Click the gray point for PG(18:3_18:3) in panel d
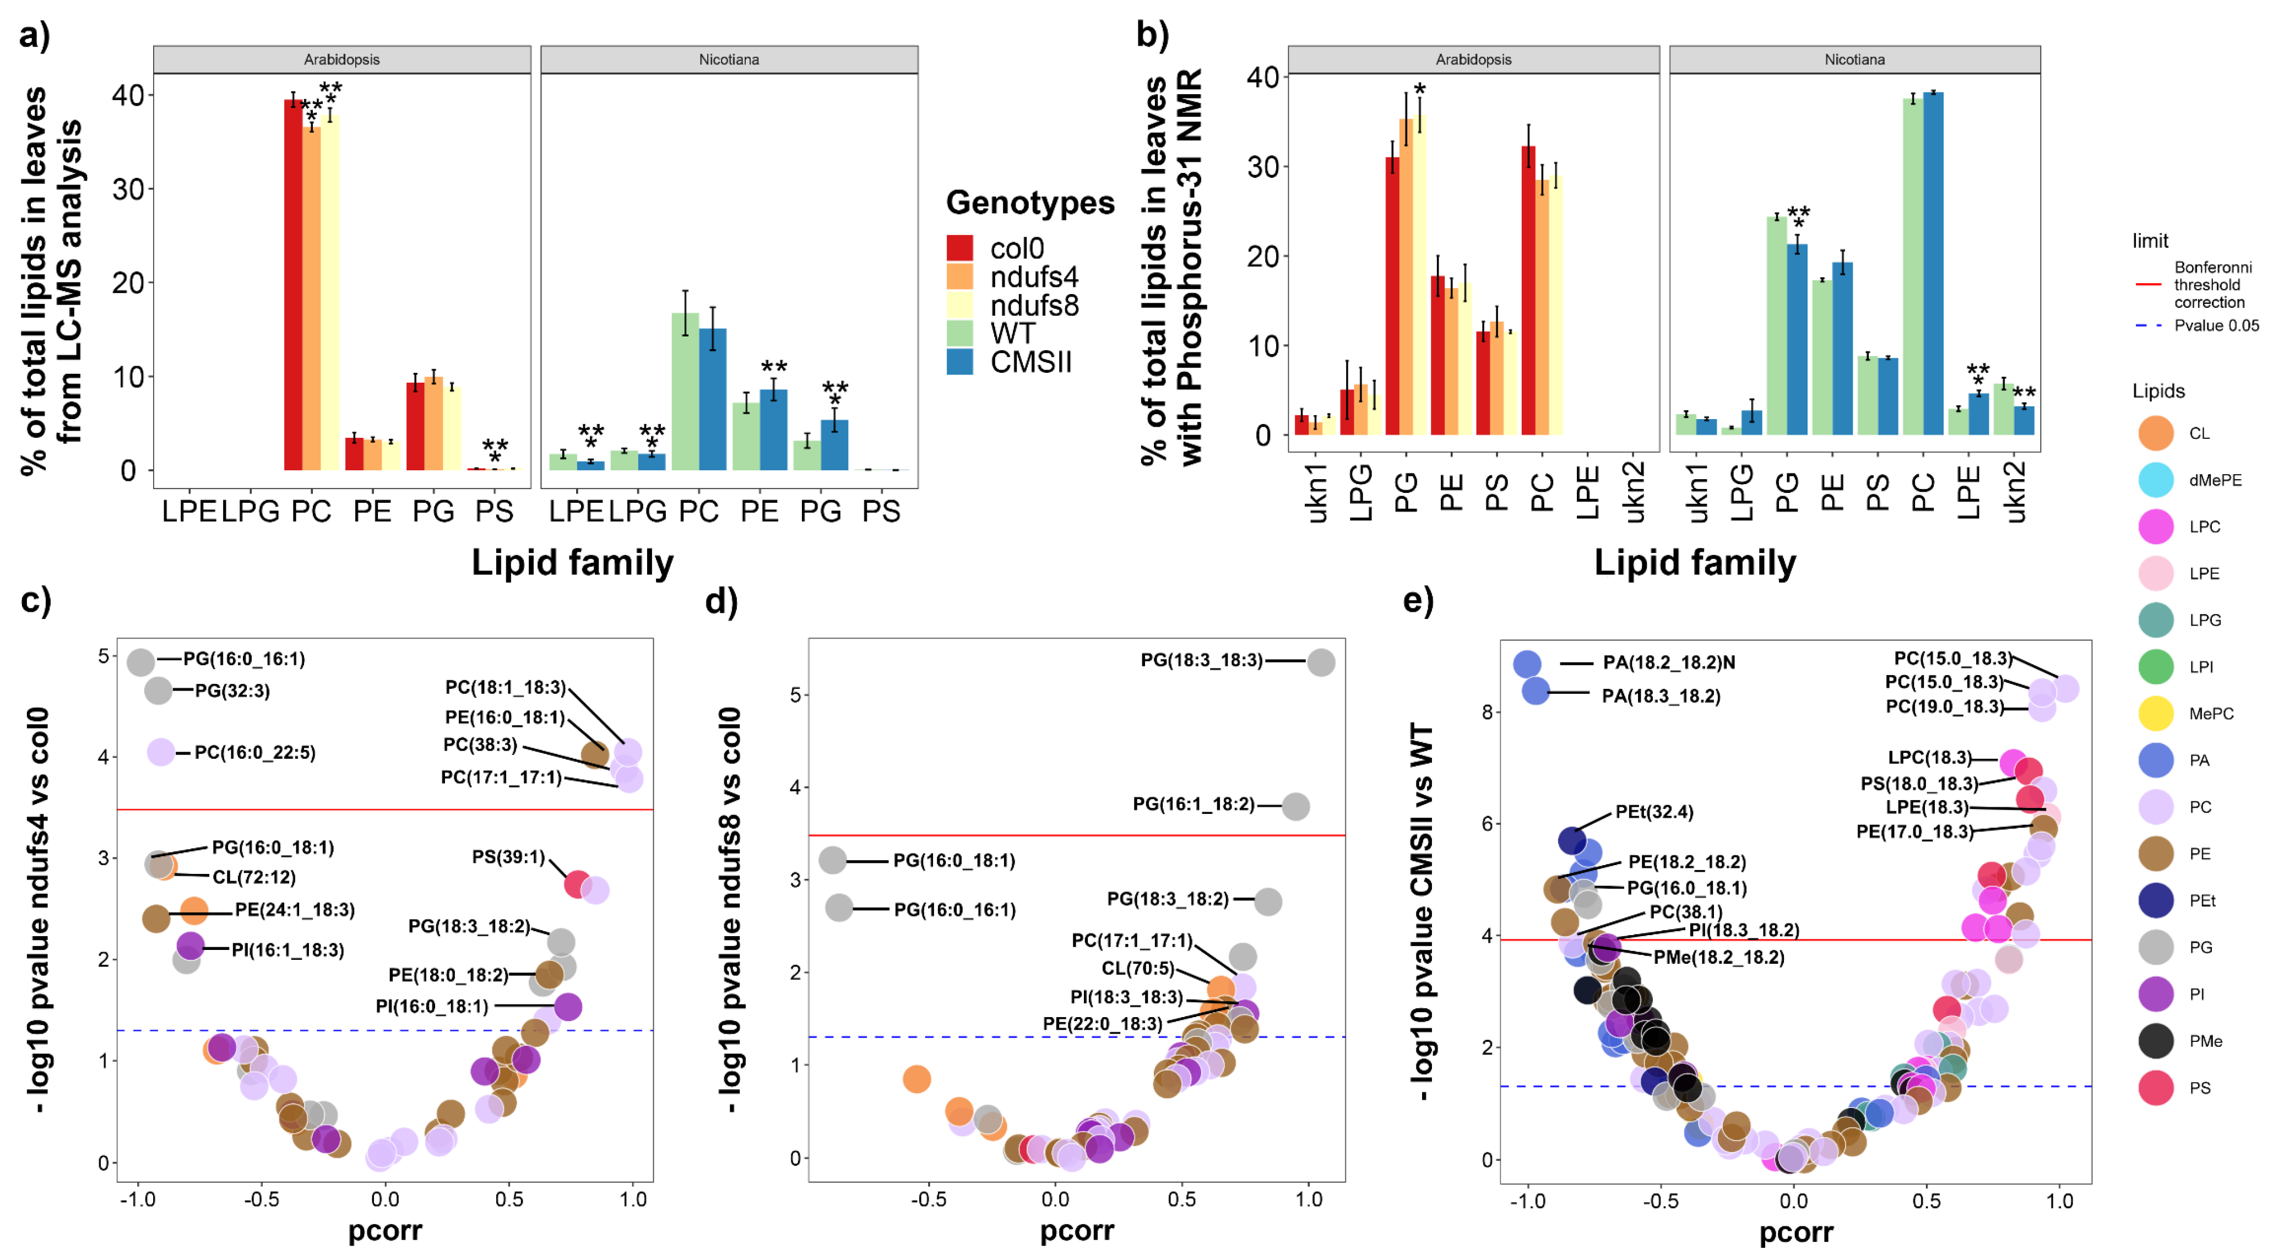pyautogui.click(x=1320, y=662)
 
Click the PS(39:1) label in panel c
pyautogui.click(x=508, y=857)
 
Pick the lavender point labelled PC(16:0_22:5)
pyautogui.click(x=161, y=753)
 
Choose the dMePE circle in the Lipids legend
pyautogui.click(x=2156, y=480)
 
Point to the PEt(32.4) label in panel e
pyautogui.click(x=1653, y=812)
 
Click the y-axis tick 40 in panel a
pyautogui.click(x=128, y=95)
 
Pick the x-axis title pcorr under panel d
pyautogui.click(x=1077, y=1231)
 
